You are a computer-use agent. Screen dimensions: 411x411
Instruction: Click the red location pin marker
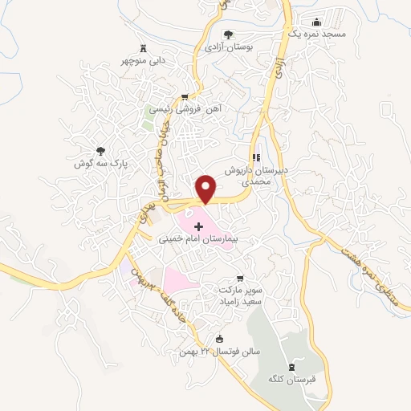pos(207,189)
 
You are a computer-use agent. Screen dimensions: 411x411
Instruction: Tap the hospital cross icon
pos(199,228)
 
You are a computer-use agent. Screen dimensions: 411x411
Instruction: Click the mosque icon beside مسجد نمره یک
pos(315,22)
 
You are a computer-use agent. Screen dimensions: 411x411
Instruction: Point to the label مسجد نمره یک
pos(317,35)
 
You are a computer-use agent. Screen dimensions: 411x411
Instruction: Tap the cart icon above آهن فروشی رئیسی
pos(185,96)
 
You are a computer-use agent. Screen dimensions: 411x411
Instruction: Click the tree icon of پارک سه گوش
pos(100,150)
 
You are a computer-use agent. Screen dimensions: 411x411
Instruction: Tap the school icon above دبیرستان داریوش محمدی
pos(255,158)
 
